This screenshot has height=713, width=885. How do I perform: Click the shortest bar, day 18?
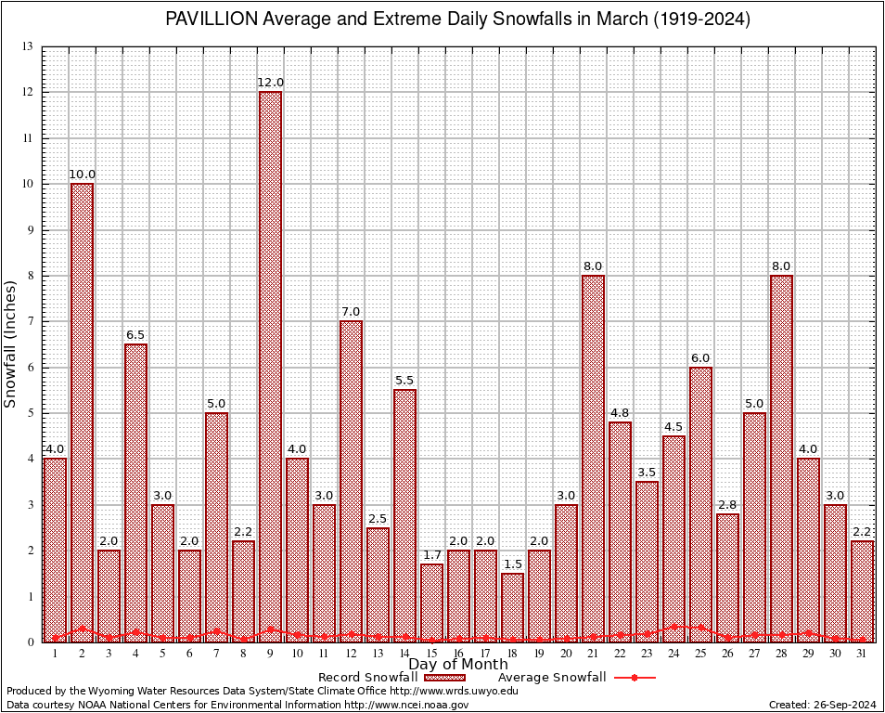click(512, 607)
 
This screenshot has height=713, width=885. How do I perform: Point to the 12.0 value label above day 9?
click(270, 83)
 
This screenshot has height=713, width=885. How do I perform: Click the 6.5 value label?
click(135, 334)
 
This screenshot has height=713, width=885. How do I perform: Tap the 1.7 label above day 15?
click(431, 554)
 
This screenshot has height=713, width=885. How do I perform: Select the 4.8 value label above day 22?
click(620, 412)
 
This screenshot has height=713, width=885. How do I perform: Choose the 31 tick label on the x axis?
click(863, 654)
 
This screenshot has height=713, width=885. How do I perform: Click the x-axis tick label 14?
click(404, 654)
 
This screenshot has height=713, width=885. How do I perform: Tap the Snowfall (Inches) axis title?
click(11, 344)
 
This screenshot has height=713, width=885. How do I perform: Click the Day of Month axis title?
click(458, 664)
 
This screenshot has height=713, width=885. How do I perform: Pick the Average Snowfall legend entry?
click(551, 677)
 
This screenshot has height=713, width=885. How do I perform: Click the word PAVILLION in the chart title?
click(206, 19)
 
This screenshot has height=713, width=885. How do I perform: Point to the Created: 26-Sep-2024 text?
click(822, 705)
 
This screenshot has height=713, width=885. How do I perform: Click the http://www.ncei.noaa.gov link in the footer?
click(407, 705)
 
